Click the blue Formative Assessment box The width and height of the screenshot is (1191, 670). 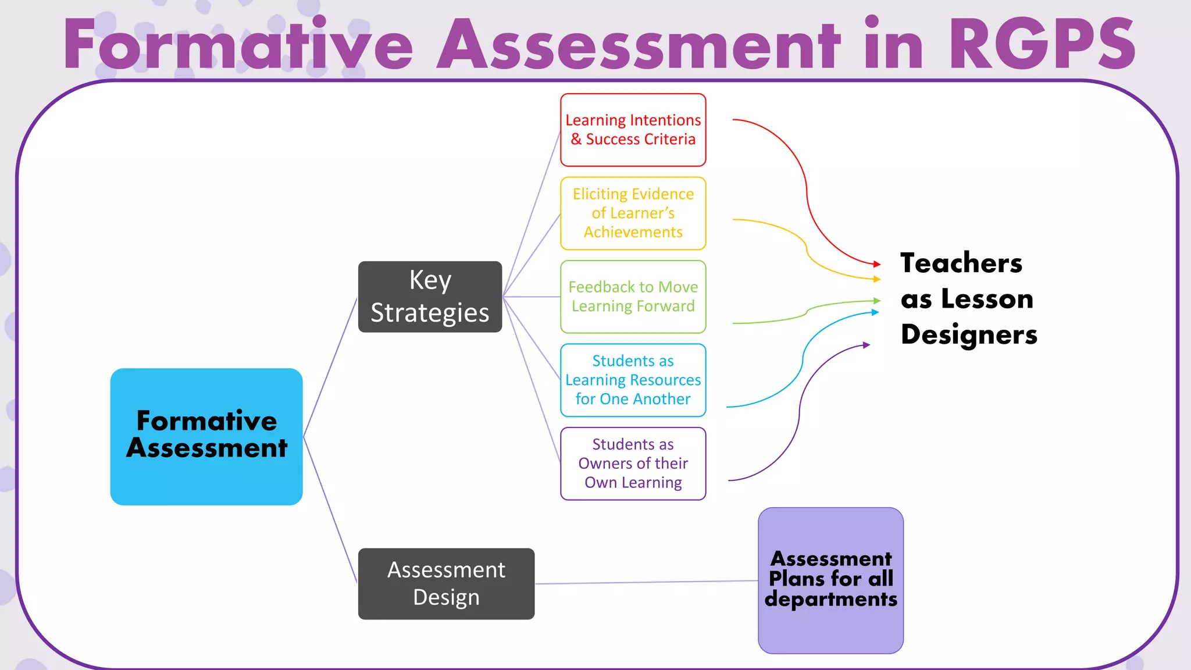coord(206,436)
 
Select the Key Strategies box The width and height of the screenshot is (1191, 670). coord(430,297)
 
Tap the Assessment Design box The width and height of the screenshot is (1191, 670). coord(446,583)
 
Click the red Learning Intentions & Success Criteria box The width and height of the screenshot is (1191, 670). coord(633,130)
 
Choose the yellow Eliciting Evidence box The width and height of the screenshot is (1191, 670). coord(633,213)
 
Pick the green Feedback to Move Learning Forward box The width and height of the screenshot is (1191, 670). coord(633,297)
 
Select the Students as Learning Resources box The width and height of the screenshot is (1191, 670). coord(633,380)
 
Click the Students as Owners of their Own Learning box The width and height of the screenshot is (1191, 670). coord(633,464)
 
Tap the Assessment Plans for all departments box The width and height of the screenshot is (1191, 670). coord(830,580)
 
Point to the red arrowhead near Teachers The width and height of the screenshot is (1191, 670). coord(877,265)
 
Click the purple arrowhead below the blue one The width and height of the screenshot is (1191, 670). coord(866,345)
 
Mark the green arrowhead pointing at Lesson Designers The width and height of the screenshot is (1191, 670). coord(877,301)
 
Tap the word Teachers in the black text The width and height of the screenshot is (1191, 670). coord(961,263)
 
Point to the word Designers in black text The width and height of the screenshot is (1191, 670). coord(969,334)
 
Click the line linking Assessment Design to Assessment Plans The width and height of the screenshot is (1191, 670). coord(646,582)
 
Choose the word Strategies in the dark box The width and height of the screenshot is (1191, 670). coord(430,313)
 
